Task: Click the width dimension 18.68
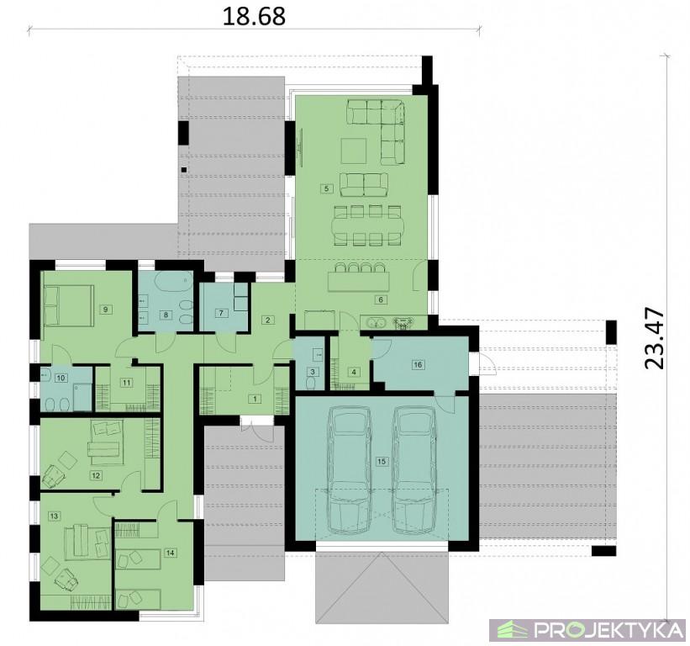[254, 17]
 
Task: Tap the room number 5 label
[326, 188]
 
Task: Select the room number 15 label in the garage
[381, 461]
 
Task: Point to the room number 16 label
[418, 364]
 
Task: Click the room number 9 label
[105, 310]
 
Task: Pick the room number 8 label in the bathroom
[166, 315]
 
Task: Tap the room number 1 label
[255, 399]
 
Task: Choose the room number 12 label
[96, 475]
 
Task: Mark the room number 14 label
[171, 553]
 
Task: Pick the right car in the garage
[414, 469]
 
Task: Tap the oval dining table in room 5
[367, 225]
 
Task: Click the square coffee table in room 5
[354, 151]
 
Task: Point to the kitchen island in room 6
[359, 281]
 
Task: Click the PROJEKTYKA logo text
[608, 630]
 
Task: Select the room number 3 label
[313, 372]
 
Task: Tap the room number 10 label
[61, 378]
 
